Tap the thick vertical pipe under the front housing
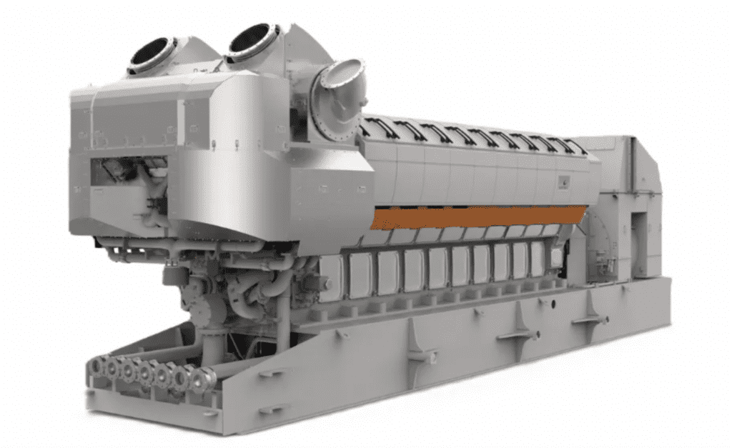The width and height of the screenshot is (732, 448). tap(283, 314)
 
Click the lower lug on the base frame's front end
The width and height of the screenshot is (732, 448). tap(270, 408)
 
